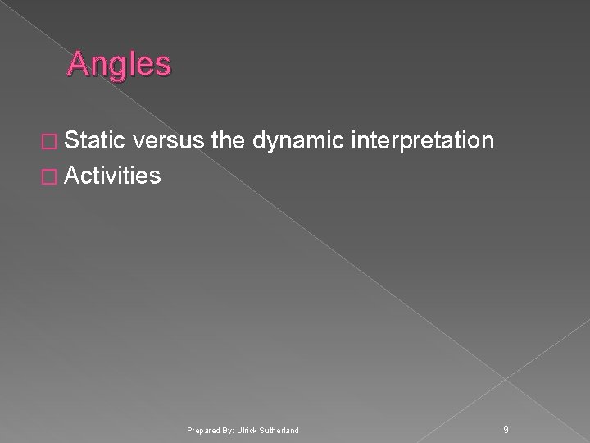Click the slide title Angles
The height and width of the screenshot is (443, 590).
(x=120, y=64)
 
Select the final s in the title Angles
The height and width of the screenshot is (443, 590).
(x=162, y=65)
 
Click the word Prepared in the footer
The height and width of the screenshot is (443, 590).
(x=203, y=430)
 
